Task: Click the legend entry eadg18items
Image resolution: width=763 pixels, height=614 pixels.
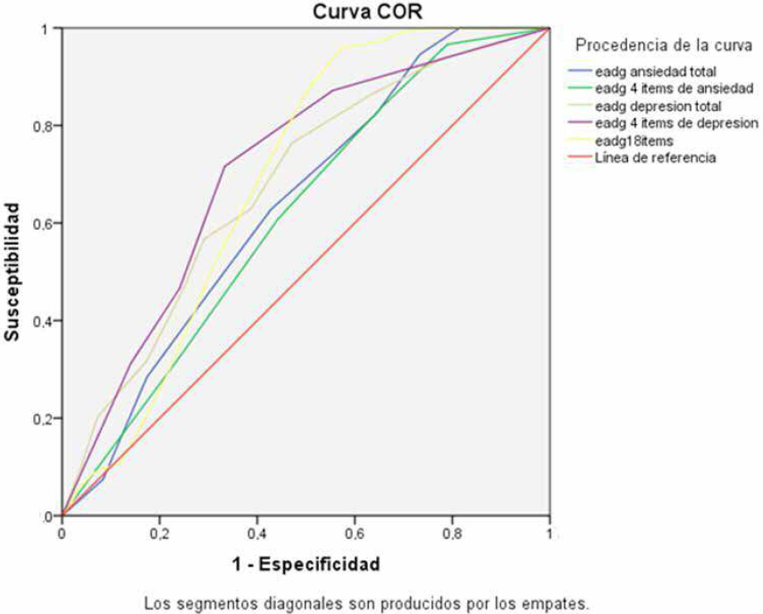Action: pos(630,140)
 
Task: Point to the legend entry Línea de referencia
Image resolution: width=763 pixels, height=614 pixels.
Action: pos(647,157)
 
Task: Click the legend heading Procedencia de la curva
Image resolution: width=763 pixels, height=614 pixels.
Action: pos(665,44)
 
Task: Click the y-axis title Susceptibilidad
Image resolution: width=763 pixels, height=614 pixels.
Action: pos(13,272)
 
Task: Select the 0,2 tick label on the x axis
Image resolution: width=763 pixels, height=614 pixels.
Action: pos(159,534)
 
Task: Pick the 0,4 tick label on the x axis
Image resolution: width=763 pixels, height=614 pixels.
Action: pos(256,534)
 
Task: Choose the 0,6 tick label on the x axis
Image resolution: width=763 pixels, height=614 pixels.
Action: pos(354,534)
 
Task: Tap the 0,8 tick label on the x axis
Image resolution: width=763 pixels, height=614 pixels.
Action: pos(451,534)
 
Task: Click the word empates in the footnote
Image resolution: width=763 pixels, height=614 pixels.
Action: pos(559,601)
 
